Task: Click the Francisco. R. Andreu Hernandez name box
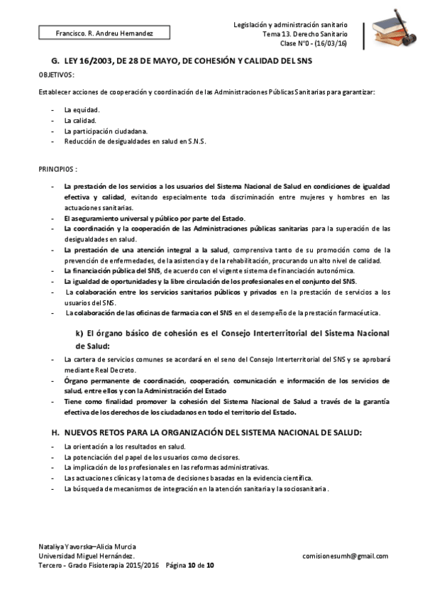(x=94, y=33)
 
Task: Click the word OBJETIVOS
(x=56, y=75)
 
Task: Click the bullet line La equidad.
(x=82, y=110)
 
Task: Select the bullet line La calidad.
(x=80, y=121)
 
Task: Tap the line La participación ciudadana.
(x=106, y=131)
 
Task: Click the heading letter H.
(x=55, y=432)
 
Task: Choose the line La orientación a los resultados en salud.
(x=125, y=447)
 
